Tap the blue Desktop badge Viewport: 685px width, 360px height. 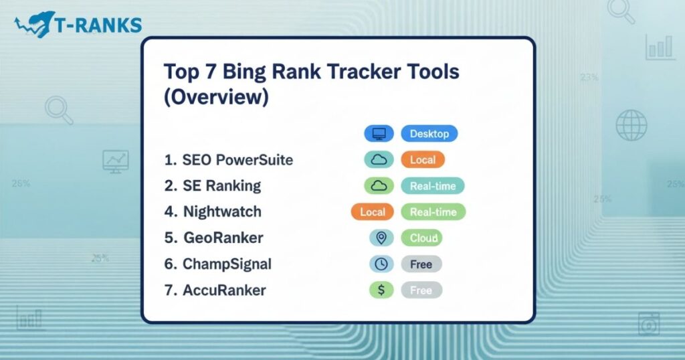[429, 134]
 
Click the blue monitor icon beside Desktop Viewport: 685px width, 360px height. [379, 134]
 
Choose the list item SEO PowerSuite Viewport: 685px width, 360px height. [229, 161]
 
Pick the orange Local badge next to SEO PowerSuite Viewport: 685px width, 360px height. [422, 160]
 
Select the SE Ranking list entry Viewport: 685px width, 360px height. [213, 186]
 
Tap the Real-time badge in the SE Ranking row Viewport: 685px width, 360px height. [432, 186]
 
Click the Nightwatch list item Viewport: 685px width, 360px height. [213, 212]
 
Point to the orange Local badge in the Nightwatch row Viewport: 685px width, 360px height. [373, 212]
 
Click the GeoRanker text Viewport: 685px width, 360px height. [214, 238]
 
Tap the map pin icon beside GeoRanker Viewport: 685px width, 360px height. [380, 238]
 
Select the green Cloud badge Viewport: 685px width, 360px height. [421, 238]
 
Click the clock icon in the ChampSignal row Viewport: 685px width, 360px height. [380, 264]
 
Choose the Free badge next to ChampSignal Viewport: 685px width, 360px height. [421, 264]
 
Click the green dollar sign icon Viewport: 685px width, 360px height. [379, 290]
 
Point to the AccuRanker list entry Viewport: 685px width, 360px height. [215, 290]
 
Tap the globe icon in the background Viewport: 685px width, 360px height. [631, 125]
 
